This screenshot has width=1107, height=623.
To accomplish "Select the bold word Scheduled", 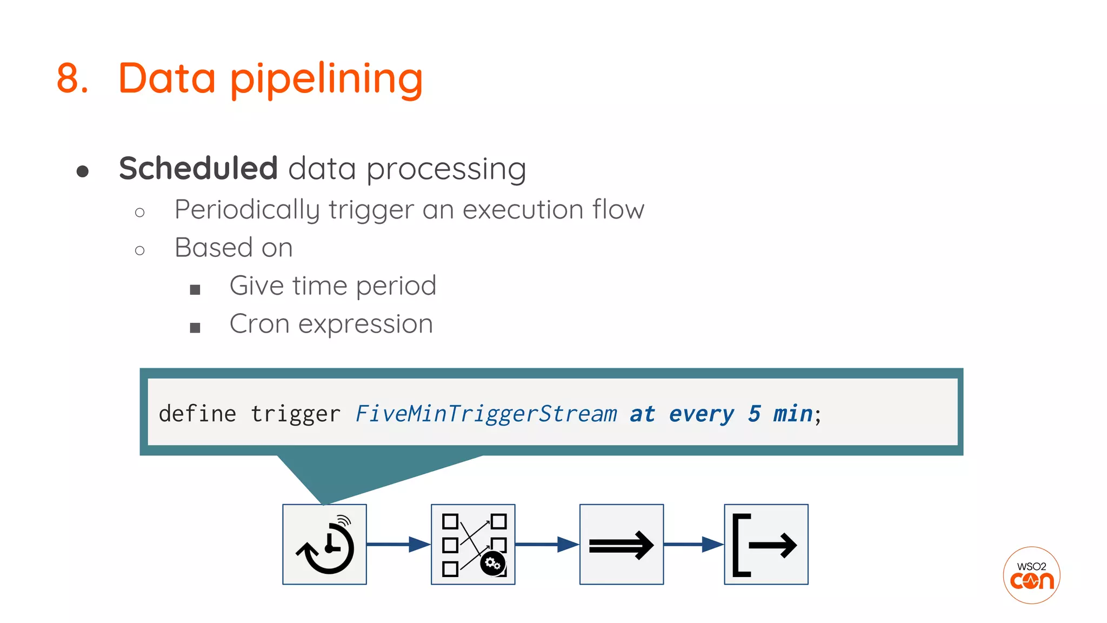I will point(198,168).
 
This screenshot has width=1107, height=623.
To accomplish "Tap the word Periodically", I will point(248,210).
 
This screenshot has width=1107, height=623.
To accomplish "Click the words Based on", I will point(234,248).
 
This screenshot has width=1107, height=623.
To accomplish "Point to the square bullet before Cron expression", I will point(195,327).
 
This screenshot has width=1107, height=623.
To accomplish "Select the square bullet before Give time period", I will point(195,289).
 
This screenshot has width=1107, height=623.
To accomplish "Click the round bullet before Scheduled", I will point(83,171).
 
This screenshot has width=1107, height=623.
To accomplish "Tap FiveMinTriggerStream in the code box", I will point(486,414).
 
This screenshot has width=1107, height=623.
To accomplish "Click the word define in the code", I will point(197,414).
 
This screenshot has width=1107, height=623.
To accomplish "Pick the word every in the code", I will point(701,414).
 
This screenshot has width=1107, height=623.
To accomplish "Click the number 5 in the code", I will point(754,414).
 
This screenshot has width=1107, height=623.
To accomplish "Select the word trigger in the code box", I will point(295,414).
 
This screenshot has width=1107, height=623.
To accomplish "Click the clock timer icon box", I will point(324,544).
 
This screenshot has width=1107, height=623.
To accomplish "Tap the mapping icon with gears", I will point(473,544).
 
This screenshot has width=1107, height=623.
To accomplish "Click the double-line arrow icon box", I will point(621,544).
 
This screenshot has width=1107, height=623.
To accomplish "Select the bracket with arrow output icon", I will point(766,544).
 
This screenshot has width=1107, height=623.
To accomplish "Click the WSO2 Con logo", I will point(1031,575).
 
